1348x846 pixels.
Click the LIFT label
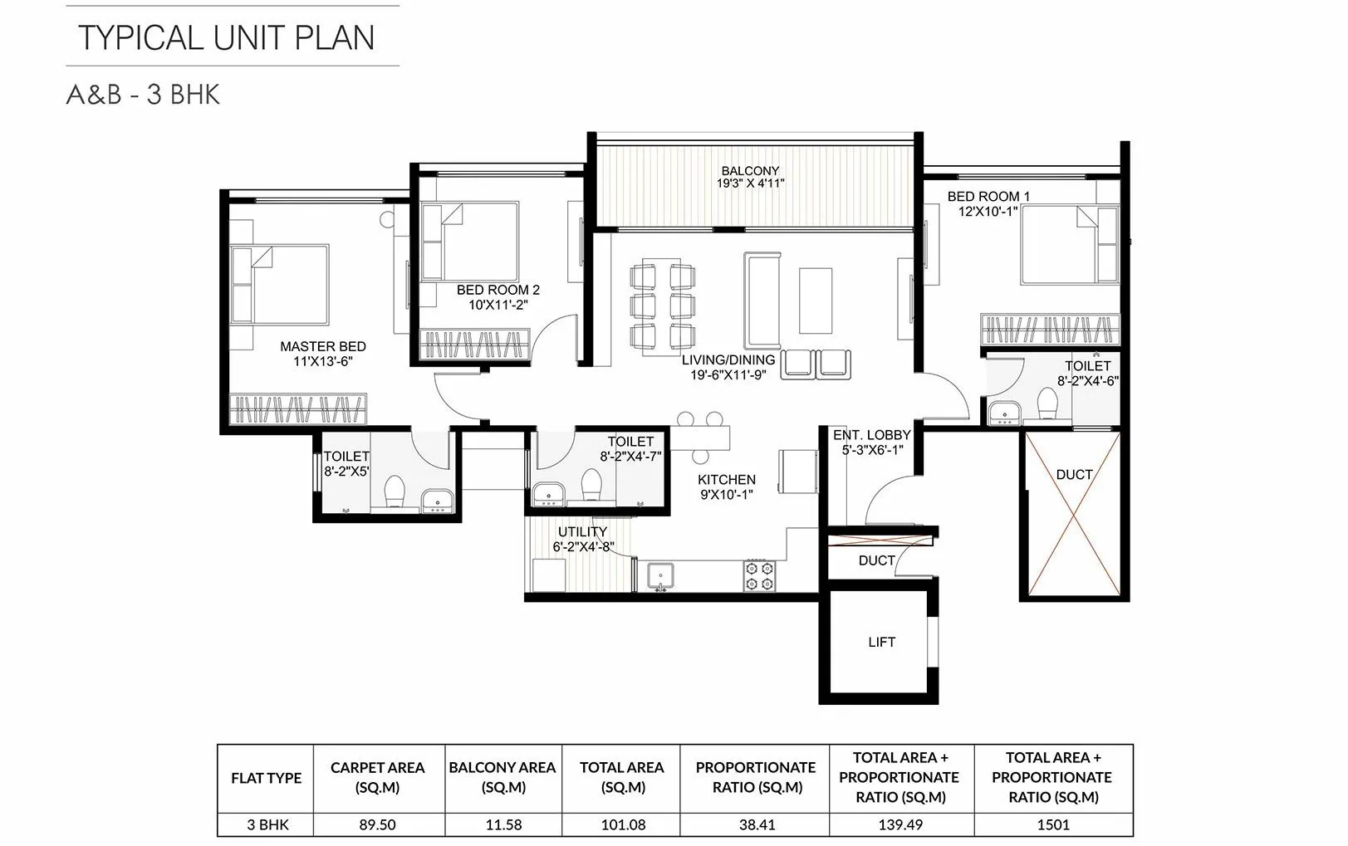pos(881,642)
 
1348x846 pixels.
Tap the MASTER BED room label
pos(322,347)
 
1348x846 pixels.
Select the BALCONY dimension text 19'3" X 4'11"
pos(750,184)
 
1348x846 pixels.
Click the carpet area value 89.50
pos(377,824)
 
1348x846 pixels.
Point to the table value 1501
pos(1053,824)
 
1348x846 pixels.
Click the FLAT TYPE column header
pos(266,778)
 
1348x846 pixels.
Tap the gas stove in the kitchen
pos(759,576)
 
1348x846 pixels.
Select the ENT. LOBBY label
pos(871,435)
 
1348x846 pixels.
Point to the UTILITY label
pos(582,531)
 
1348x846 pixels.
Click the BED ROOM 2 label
pos(498,290)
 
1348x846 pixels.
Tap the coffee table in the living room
pos(815,300)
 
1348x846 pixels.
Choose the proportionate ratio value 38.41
pos(755,824)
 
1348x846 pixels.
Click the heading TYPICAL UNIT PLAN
pos(226,37)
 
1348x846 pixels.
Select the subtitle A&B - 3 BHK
pos(143,95)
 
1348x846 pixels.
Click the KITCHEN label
pos(726,480)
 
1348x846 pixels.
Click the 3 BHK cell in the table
pos(266,824)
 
